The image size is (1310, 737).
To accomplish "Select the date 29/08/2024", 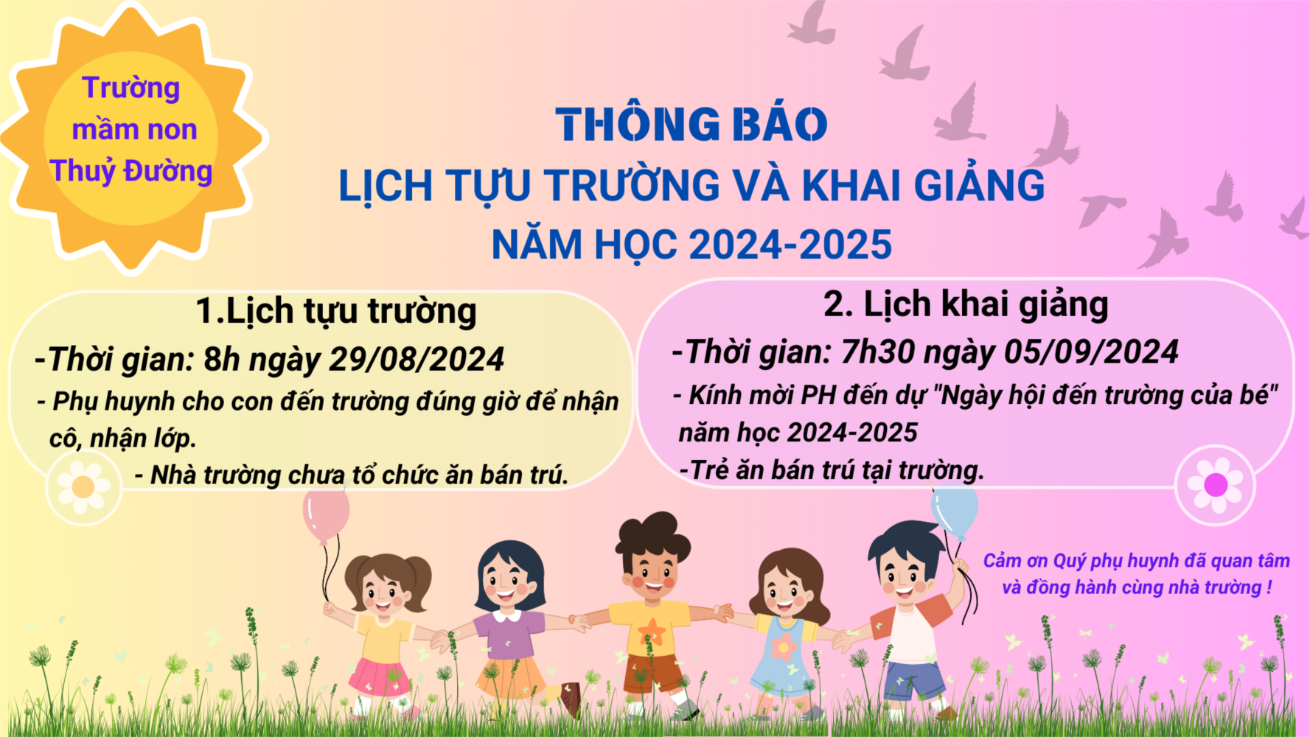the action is [417, 360].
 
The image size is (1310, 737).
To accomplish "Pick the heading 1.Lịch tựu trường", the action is [336, 311].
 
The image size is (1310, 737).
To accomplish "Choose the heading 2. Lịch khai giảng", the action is [966, 304].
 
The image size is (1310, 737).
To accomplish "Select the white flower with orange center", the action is [83, 487].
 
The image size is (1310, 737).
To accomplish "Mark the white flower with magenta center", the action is [1215, 484].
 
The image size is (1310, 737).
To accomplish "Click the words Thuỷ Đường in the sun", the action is [131, 171].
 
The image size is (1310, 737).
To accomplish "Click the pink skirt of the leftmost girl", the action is [380, 676].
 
